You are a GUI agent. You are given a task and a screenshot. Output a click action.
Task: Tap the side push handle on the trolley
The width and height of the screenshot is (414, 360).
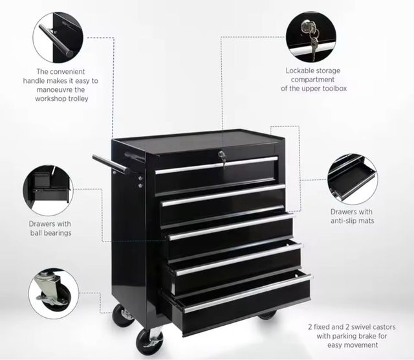tap(111, 164)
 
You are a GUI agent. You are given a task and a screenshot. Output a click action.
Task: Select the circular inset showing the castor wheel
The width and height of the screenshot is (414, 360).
tap(54, 293)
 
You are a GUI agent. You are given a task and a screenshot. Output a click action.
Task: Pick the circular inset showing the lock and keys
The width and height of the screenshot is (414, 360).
tap(310, 37)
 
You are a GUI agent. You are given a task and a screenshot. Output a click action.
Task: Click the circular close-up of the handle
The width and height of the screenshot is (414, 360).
tap(58, 38)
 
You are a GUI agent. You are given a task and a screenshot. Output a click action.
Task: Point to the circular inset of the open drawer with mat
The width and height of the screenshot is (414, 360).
tap(353, 179)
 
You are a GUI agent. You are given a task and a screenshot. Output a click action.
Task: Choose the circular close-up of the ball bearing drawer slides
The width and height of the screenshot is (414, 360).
tap(48, 190)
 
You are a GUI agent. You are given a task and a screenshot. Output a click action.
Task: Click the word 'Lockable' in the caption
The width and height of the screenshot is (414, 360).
tap(300, 71)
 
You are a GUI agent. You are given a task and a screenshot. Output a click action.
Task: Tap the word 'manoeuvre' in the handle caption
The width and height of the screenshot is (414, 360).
tap(54, 89)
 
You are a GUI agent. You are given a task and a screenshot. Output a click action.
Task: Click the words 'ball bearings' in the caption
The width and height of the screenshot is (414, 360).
tap(50, 233)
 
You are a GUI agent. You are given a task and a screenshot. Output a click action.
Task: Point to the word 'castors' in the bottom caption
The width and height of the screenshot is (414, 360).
tap(384, 327)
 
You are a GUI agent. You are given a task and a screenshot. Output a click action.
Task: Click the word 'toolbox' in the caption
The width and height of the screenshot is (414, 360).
tap(334, 88)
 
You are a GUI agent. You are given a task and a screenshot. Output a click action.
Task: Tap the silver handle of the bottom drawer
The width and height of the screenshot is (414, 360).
tap(247, 294)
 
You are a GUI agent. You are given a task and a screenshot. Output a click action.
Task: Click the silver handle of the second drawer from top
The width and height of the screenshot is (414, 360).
tap(223, 195)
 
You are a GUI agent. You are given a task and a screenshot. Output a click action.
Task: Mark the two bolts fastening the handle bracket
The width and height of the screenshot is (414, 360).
tap(140, 182)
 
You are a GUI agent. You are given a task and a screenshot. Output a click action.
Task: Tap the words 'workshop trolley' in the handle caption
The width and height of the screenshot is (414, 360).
tap(62, 98)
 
